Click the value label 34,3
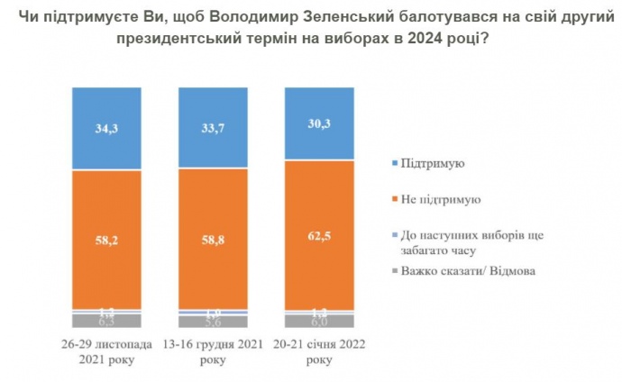tap(106, 128)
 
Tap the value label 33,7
tap(213, 127)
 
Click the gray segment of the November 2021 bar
tap(106, 321)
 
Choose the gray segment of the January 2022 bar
tap(319, 321)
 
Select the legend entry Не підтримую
tap(442, 198)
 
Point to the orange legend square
tap(398, 198)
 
